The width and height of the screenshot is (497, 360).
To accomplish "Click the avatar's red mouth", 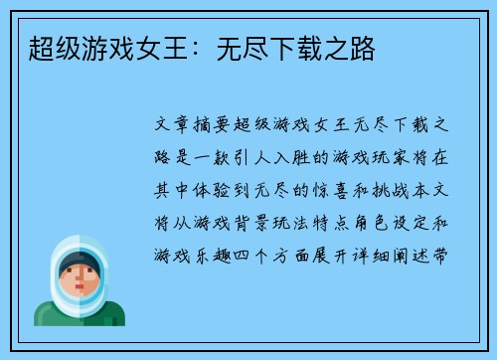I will (x=78, y=294).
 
